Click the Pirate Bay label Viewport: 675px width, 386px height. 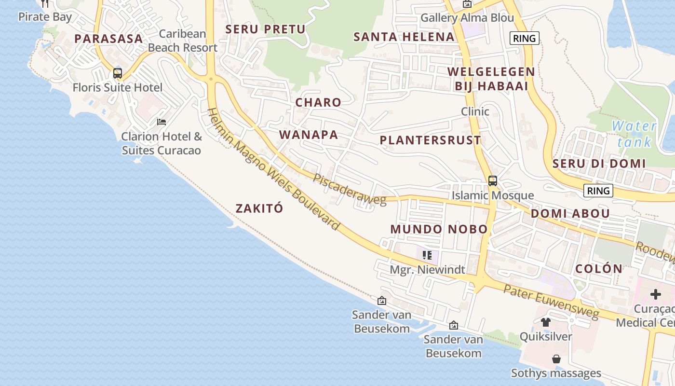[x=45, y=17]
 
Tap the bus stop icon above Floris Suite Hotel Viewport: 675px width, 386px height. [x=118, y=73]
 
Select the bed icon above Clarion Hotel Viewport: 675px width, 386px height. [x=162, y=122]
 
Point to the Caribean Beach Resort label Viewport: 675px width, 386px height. [x=183, y=41]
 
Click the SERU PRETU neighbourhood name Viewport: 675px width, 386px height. [x=266, y=29]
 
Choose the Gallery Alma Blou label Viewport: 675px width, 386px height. [x=467, y=18]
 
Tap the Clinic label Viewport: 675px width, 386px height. [x=475, y=111]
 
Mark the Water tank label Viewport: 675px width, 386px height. [x=634, y=134]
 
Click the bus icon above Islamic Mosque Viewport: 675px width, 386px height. [x=492, y=181]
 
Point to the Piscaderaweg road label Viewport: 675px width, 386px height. [x=350, y=189]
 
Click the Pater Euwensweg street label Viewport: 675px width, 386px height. [x=551, y=302]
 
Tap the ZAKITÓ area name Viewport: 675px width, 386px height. [x=259, y=208]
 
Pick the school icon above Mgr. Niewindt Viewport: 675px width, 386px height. [x=427, y=255]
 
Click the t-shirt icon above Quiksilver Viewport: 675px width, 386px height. [x=545, y=322]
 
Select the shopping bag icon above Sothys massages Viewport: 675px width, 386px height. [x=556, y=359]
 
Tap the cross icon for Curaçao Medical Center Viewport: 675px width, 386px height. [x=655, y=294]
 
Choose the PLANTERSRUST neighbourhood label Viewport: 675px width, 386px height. [x=430, y=140]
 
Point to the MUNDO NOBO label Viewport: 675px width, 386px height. [x=439, y=229]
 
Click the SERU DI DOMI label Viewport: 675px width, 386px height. [x=599, y=164]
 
